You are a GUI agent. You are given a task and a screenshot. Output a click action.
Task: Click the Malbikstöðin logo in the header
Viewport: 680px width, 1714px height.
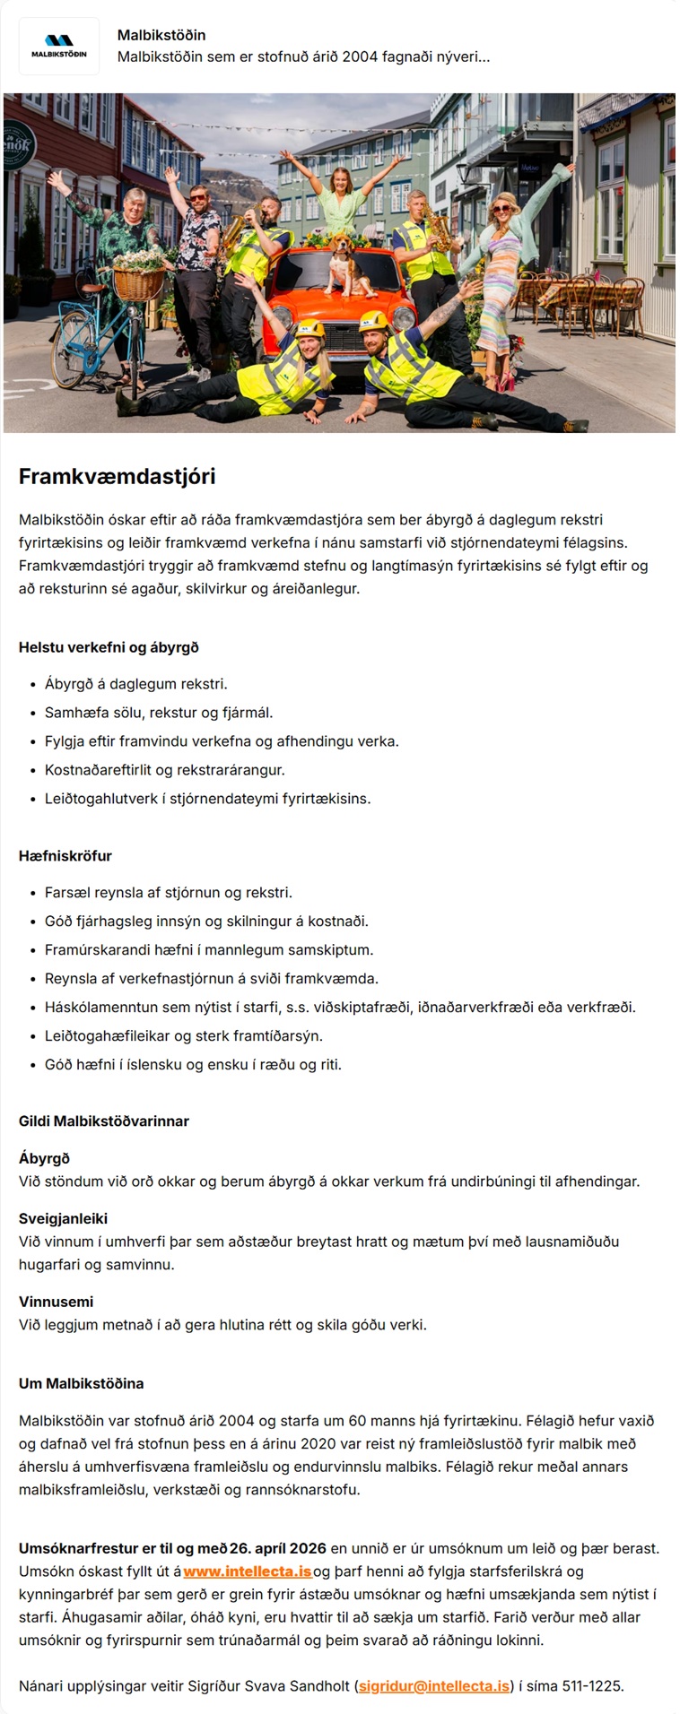tap(58, 46)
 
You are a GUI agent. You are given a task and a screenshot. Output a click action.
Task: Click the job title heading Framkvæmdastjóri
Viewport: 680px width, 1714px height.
tap(117, 476)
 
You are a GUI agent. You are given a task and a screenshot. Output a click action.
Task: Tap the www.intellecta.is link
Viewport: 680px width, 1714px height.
tap(247, 1571)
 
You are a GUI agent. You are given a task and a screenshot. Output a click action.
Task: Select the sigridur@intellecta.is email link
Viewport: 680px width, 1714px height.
tap(433, 1685)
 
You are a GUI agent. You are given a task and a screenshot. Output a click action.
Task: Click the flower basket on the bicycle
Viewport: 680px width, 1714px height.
tap(139, 277)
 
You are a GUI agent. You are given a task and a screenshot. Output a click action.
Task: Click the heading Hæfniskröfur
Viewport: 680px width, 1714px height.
tap(65, 855)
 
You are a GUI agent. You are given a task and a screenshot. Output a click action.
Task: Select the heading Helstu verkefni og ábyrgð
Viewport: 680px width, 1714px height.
tap(109, 646)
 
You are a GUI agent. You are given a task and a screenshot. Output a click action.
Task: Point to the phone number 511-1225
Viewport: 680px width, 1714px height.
tap(592, 1685)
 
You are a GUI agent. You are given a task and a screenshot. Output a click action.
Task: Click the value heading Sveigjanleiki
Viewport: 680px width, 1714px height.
tap(63, 1218)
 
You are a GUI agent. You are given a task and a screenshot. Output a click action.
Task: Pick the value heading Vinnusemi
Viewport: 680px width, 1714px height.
tap(56, 1301)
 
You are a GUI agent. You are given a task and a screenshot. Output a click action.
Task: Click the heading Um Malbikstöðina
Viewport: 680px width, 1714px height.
tap(81, 1382)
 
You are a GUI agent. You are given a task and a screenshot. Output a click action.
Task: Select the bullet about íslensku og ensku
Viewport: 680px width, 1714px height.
tap(193, 1064)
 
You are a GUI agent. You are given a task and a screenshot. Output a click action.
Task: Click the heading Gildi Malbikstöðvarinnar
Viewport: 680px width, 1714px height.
tap(103, 1121)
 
